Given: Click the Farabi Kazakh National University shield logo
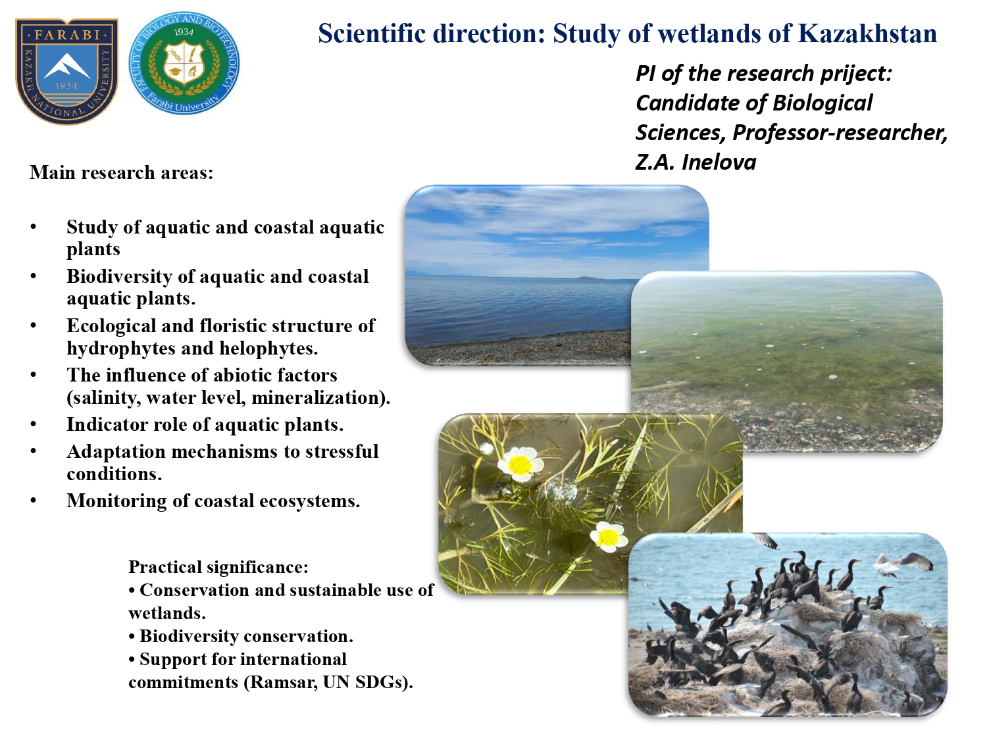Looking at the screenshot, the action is click(x=66, y=71).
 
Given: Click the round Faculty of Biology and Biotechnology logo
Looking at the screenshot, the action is click(x=184, y=63).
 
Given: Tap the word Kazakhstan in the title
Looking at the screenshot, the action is click(x=867, y=34).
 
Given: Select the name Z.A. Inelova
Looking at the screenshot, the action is click(x=696, y=162).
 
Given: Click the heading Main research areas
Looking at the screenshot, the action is click(x=122, y=172).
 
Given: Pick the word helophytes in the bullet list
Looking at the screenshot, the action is click(x=268, y=348).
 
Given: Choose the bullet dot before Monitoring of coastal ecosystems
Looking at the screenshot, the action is click(x=34, y=500).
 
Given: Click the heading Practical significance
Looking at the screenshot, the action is click(x=218, y=567).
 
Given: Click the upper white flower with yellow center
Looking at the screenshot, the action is click(x=520, y=464).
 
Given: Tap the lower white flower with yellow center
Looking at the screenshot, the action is click(x=609, y=537).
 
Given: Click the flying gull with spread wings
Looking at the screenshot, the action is click(x=901, y=564).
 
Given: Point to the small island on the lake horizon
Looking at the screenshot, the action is click(x=588, y=277).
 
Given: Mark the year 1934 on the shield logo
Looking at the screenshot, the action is click(x=66, y=86).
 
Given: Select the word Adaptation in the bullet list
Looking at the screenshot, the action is click(x=116, y=451).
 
